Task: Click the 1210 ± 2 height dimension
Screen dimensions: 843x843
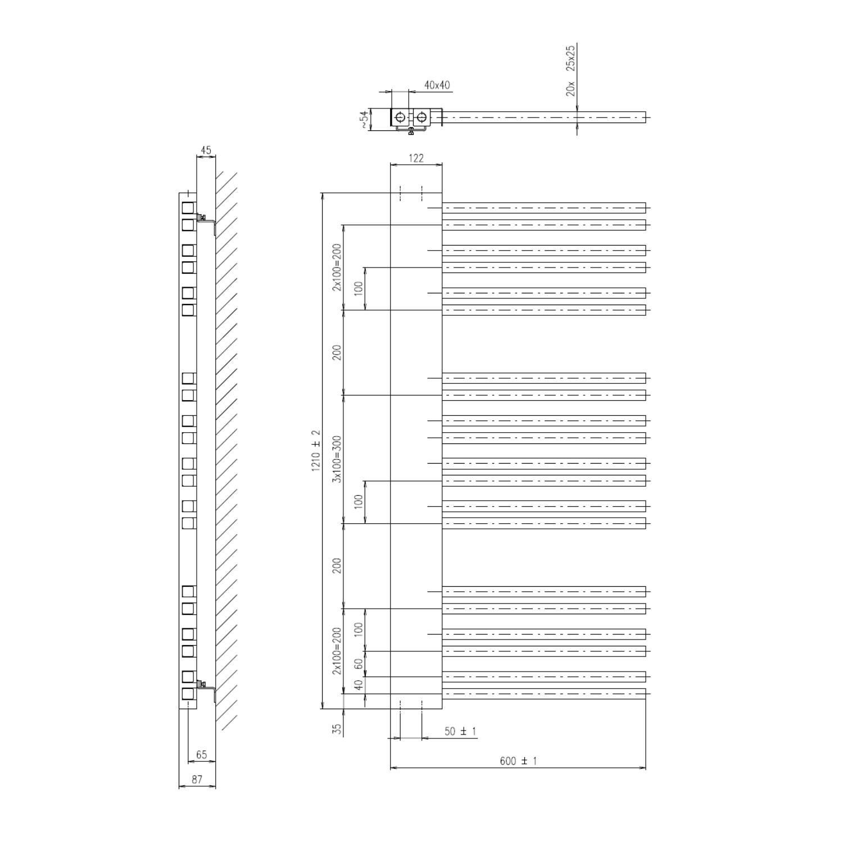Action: point(315,451)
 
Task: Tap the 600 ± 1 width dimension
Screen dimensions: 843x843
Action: point(518,761)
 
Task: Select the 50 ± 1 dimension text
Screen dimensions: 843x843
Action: point(460,731)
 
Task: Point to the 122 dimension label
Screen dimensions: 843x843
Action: point(416,158)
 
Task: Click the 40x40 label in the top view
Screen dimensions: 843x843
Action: point(437,85)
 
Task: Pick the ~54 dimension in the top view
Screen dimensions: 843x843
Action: point(365,120)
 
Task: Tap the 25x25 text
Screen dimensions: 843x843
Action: point(571,58)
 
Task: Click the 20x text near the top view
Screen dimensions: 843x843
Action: point(571,89)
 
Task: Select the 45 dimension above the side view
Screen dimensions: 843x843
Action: point(206,150)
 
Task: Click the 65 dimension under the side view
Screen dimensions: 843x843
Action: point(201,755)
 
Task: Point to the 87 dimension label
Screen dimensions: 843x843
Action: point(197,779)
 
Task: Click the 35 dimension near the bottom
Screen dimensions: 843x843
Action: point(337,729)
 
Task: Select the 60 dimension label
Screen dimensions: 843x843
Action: point(359,664)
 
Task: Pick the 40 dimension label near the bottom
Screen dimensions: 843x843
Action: point(359,685)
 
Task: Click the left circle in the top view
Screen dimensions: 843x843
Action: point(400,117)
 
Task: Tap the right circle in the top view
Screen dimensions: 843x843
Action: point(422,117)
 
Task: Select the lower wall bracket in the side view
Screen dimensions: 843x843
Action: point(207,689)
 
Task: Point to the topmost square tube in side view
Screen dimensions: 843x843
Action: point(188,208)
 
